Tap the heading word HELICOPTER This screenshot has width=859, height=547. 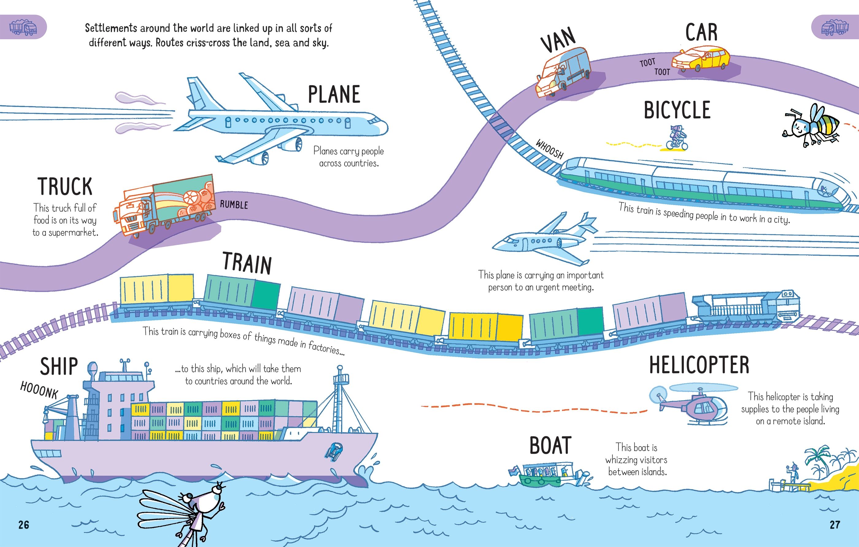tap(699, 365)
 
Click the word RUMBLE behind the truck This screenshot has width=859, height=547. tap(234, 204)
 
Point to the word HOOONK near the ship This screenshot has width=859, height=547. tap(39, 390)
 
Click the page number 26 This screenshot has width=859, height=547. tap(24, 525)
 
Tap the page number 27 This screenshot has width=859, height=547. tap(835, 525)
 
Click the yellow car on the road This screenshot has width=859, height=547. tap(701, 59)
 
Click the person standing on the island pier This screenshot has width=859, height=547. tap(792, 473)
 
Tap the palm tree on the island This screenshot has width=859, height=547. tap(817, 458)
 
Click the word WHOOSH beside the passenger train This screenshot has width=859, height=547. tap(549, 149)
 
